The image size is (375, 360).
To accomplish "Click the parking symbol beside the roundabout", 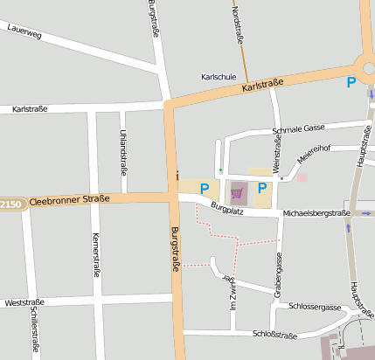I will [x=351, y=82].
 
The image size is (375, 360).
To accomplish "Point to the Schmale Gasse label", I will [x=299, y=128].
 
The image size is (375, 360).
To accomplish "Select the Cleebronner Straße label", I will [x=70, y=199].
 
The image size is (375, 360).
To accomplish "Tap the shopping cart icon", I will [x=237, y=191].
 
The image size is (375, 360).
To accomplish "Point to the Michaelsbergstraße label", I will [x=316, y=213].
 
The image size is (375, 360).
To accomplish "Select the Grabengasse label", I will [x=279, y=274].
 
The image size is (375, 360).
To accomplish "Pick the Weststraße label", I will [x=24, y=302].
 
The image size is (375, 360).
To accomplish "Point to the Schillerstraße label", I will [x=34, y=329].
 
